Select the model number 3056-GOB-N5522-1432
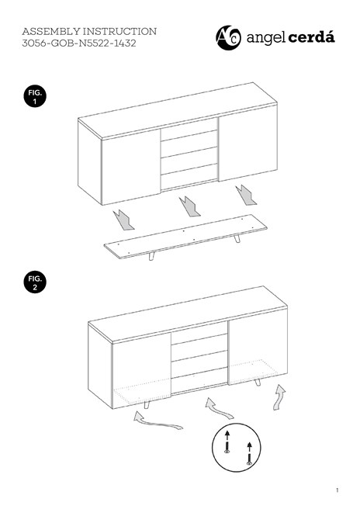tap(80, 45)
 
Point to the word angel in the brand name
tap(265, 37)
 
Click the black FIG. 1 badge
tap(35, 98)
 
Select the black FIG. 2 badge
tap(35, 282)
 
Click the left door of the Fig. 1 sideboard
tap(131, 171)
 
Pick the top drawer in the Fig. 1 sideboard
tap(189, 132)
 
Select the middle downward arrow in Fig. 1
tap(189, 206)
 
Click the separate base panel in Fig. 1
tap(186, 237)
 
